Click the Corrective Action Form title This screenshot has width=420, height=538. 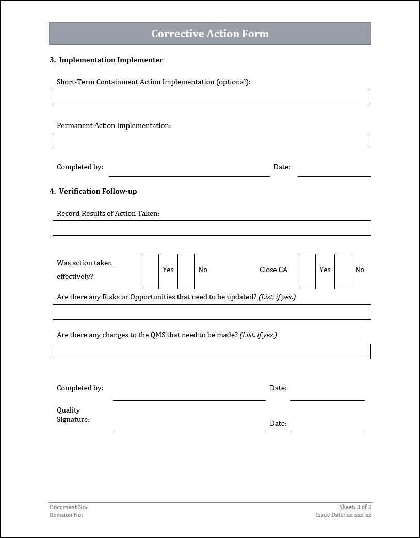[x=210, y=34]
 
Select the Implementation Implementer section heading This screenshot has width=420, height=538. [x=106, y=60]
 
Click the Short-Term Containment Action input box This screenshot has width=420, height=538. [x=212, y=97]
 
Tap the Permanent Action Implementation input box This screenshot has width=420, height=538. [x=212, y=140]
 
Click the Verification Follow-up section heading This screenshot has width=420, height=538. [x=93, y=192]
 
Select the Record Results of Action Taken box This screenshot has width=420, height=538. [x=212, y=228]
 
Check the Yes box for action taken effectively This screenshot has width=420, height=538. [x=150, y=271]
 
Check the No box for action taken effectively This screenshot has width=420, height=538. [x=186, y=271]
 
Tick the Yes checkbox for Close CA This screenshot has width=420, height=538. [x=307, y=271]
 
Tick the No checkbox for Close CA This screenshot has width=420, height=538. [x=343, y=271]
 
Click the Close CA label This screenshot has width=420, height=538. [x=273, y=270]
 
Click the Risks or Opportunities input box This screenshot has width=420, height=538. [x=212, y=312]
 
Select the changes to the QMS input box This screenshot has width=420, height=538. [x=212, y=352]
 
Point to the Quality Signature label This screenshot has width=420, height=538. [x=73, y=415]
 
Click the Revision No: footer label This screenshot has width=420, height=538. [x=66, y=515]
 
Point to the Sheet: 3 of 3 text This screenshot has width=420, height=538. [x=355, y=508]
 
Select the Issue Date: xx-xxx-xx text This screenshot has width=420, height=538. [x=344, y=515]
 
